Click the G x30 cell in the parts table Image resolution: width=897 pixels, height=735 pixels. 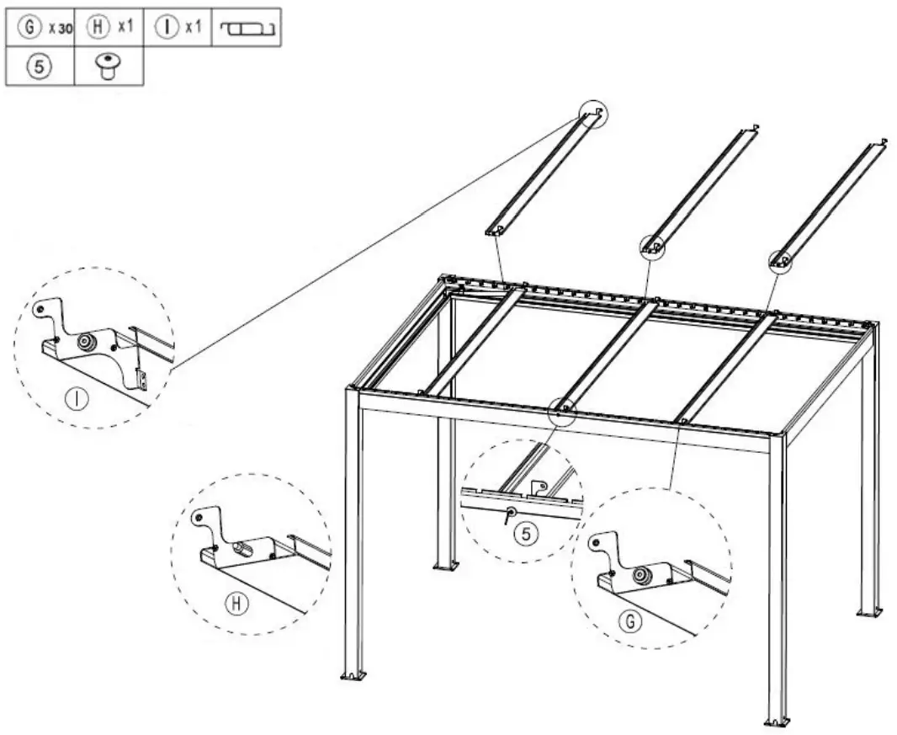pos(40,28)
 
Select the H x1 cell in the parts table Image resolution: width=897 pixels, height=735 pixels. pos(109,28)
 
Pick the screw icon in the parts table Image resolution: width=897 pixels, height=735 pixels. pos(109,67)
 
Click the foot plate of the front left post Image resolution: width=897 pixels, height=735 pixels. pos(353,675)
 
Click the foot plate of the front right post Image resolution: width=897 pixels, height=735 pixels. pos(776,721)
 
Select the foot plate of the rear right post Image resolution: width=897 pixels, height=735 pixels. pos(869,611)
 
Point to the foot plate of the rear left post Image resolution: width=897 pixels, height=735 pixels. pos(445,564)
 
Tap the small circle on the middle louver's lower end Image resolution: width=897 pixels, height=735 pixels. pos(652,246)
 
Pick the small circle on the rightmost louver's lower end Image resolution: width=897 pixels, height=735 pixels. pos(780,261)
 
